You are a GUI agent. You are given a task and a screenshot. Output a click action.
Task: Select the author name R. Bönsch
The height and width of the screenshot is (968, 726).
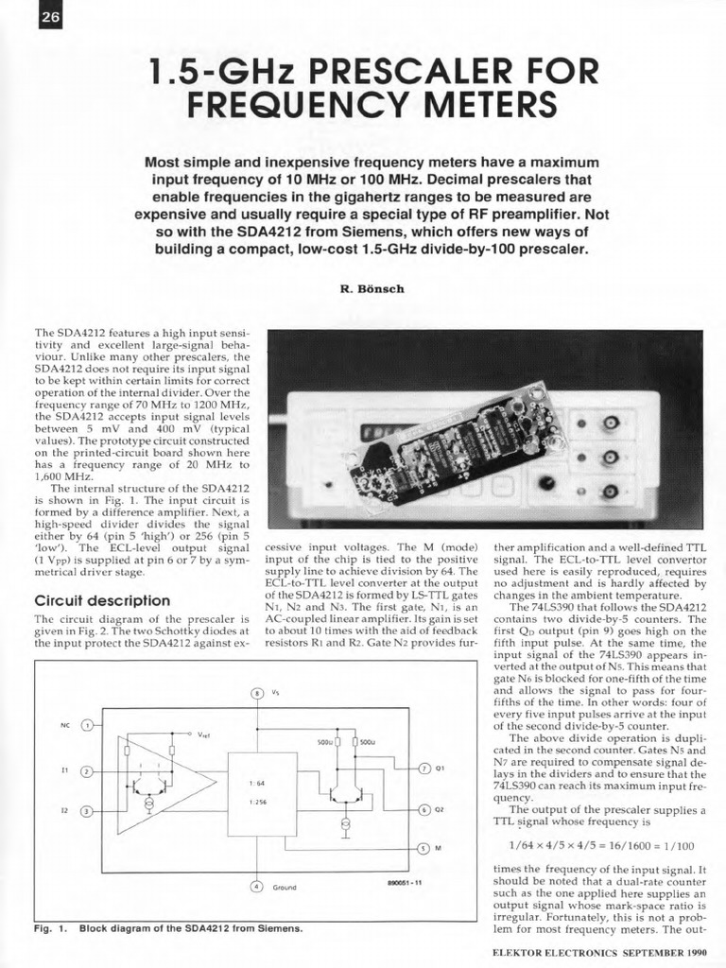click(372, 288)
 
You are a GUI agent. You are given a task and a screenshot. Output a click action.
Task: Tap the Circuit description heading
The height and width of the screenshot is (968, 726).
click(102, 600)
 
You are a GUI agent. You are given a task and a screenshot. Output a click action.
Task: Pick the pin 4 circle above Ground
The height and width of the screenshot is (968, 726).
click(256, 887)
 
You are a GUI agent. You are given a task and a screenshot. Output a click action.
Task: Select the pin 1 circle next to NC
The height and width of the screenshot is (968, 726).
click(88, 725)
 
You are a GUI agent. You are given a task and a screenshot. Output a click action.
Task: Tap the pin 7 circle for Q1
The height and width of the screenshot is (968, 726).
click(424, 768)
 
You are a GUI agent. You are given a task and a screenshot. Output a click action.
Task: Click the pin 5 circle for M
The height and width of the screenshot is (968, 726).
click(424, 848)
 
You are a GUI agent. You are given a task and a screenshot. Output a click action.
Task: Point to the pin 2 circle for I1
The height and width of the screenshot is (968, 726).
click(88, 771)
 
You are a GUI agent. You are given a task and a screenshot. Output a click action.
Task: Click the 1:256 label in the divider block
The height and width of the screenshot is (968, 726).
click(257, 803)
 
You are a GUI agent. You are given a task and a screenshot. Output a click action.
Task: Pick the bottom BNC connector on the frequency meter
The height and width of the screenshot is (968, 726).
click(611, 491)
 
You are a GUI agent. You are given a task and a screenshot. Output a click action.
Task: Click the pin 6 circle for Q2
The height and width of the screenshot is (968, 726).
click(424, 810)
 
